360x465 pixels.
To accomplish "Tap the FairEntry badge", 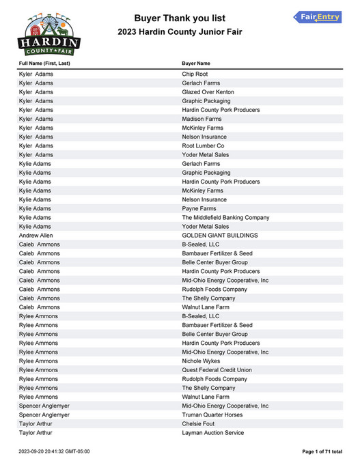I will point(317,17).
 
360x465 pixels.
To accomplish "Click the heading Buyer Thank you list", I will point(180,18).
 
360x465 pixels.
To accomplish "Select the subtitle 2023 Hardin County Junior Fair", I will point(180,32).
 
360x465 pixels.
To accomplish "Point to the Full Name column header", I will point(44,64).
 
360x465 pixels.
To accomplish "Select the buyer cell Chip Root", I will point(195,74).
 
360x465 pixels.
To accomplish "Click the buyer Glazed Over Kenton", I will point(208,92).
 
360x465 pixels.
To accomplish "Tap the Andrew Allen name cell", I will point(36,236).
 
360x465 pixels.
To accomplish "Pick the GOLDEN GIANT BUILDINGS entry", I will point(219,236).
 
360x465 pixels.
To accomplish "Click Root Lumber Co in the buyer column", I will point(203,146).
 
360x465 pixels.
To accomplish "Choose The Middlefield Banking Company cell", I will point(225,218).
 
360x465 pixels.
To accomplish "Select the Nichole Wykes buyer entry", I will point(202,361).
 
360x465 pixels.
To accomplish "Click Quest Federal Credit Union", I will point(217,370).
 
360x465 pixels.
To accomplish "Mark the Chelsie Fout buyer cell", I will point(199,424).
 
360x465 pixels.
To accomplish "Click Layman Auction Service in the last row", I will point(212,433).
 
